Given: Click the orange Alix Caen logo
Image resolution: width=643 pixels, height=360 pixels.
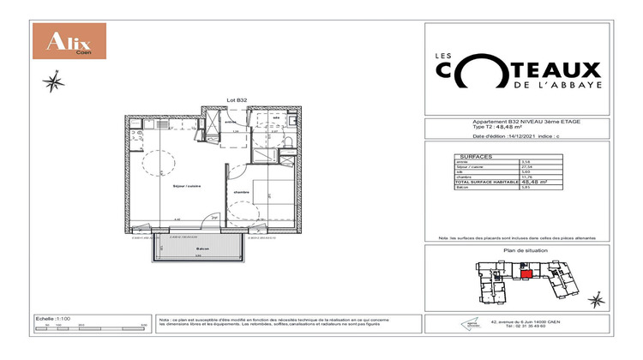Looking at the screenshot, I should click(x=68, y=40).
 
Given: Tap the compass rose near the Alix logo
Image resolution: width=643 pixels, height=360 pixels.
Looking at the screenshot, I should click(x=53, y=82).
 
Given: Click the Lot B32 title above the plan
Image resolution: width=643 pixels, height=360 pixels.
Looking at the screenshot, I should click(x=237, y=100).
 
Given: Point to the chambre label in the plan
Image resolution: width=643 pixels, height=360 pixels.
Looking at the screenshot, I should click(x=242, y=193).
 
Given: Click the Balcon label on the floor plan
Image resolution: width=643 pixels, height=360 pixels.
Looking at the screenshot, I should click(x=197, y=249).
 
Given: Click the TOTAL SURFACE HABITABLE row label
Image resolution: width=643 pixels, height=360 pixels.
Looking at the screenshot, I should click(x=481, y=182).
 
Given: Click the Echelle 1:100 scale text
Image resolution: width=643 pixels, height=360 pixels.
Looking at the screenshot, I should click(x=51, y=317).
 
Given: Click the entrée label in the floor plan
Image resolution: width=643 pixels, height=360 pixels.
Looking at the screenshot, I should click(x=230, y=122).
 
